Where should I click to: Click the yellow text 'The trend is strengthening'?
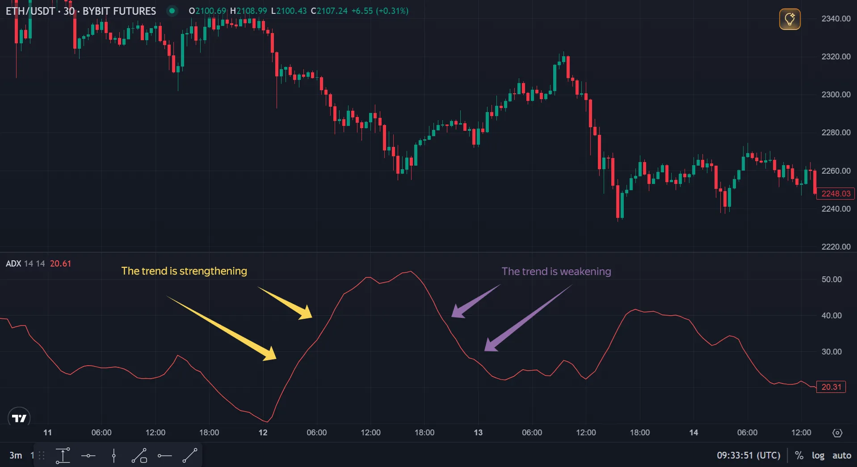coord(184,271)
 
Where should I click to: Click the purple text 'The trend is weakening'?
coord(556,271)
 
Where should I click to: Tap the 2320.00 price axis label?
coord(836,56)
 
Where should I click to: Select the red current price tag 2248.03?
coord(836,193)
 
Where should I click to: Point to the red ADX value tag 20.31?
coord(831,387)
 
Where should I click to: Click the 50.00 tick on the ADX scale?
coord(831,279)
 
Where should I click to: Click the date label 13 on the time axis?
coord(478,433)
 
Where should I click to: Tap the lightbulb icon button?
coord(790,19)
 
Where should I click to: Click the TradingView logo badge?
coord(19,418)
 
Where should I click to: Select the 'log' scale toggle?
coord(818,455)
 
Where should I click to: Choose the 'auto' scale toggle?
coord(841,455)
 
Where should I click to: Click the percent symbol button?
coord(799,455)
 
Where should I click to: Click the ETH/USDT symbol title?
coord(30,11)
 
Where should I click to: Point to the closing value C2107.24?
coord(329,11)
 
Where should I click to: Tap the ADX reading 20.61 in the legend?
coord(60,263)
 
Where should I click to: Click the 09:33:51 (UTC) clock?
coord(748,455)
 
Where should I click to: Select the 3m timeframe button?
coord(16,455)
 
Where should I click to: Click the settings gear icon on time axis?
coord(837,433)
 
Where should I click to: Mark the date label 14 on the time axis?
coord(693,433)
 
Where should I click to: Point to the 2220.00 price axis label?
coord(836,246)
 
